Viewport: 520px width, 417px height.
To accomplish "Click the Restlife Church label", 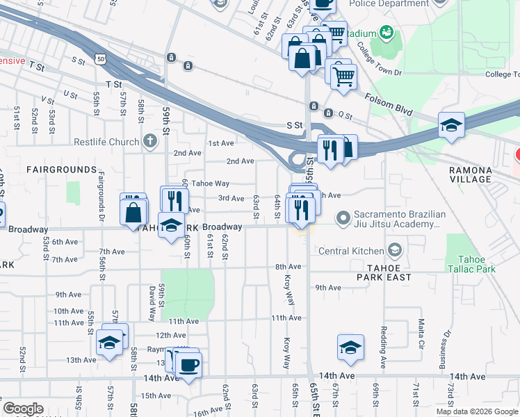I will coord(107,142).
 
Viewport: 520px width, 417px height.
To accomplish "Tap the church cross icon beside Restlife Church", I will coord(149,142).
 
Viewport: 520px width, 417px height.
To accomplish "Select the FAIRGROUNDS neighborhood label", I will coord(61,170).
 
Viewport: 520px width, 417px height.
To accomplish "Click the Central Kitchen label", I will coord(351,251).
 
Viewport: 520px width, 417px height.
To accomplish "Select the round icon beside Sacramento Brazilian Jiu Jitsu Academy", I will coord(342,219).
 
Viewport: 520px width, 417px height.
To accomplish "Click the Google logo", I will coord(23,409).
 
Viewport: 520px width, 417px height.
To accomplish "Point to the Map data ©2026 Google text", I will coord(476,411).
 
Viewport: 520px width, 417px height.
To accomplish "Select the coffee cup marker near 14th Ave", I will coord(188,365).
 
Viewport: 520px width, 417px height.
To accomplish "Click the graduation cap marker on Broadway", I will coord(171,225).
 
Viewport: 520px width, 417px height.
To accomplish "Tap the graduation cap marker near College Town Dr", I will coord(451,126).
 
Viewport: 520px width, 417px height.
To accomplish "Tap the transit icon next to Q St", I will coord(314,106).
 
